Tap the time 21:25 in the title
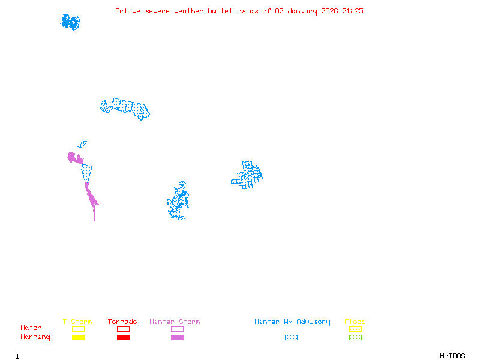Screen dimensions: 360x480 353,11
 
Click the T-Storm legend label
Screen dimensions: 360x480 77,322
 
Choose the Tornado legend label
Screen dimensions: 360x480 122,322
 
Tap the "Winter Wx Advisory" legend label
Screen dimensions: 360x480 292,322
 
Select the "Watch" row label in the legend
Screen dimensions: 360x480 31,328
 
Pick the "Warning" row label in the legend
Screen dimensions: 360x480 35,337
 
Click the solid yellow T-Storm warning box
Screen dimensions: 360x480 78,338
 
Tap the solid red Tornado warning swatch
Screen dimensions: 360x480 123,338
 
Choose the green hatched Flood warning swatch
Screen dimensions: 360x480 355,338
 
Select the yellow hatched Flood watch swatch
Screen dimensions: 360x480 355,329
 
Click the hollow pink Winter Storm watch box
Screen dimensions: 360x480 177,329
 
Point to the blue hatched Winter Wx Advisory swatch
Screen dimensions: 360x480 291,338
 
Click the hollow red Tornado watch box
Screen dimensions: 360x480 123,329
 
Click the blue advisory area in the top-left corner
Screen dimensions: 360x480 70,23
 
